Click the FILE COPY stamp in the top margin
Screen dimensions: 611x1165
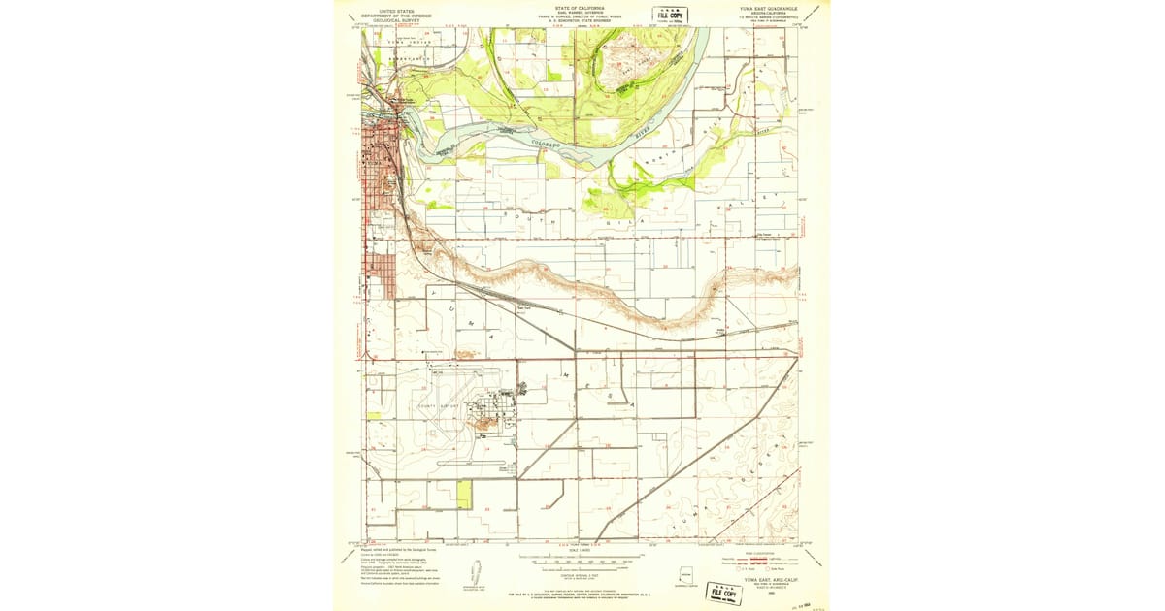[670, 16]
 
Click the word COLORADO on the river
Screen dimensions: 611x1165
[546, 144]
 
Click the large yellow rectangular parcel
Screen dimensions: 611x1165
[463, 495]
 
